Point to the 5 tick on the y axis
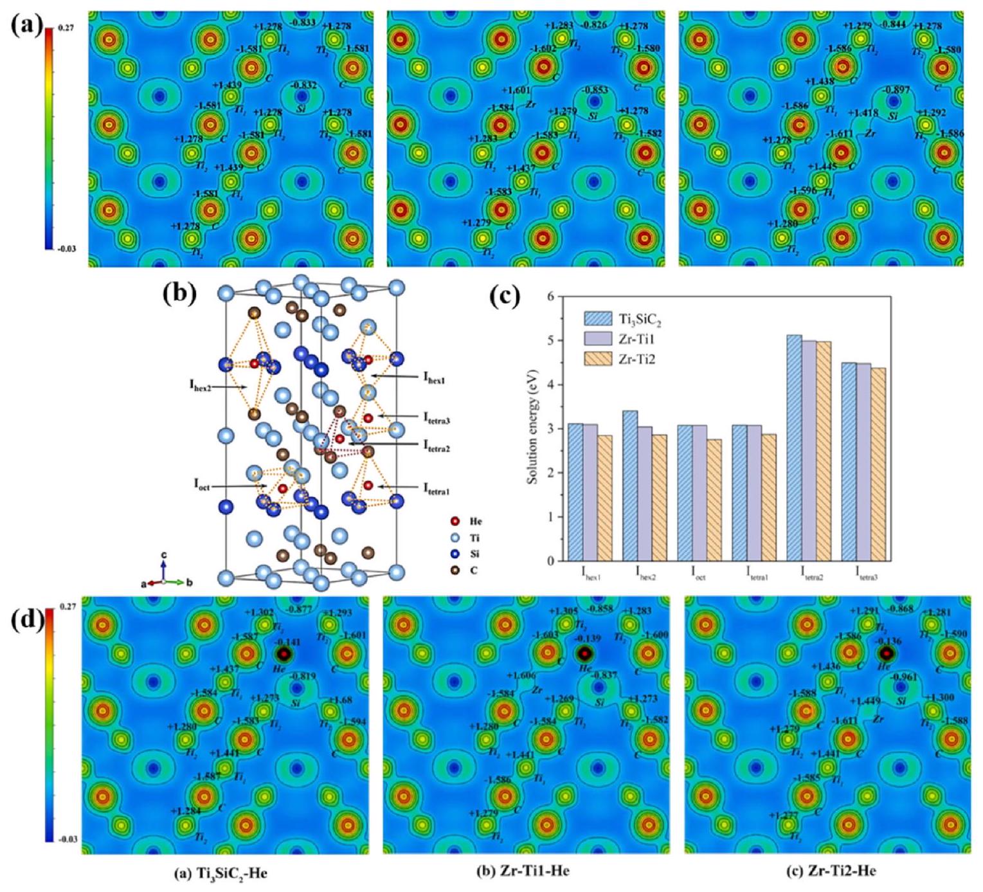(550, 340)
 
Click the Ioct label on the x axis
(698, 577)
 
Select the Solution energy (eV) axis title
(533, 428)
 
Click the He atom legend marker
(455, 522)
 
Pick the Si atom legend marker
(455, 554)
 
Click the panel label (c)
(504, 298)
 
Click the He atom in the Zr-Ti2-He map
(887, 653)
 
